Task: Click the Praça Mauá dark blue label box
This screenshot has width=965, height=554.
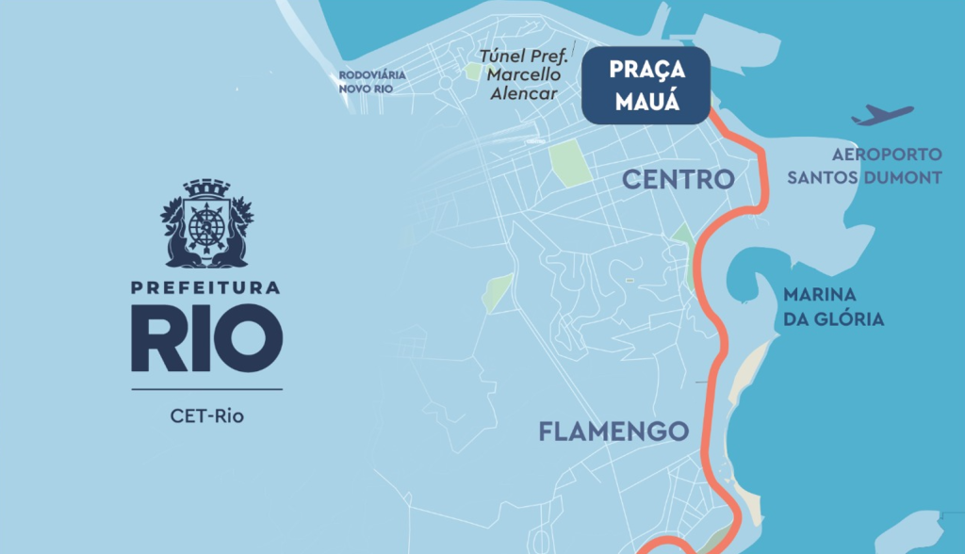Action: (x=646, y=86)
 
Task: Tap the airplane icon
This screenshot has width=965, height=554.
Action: (x=882, y=116)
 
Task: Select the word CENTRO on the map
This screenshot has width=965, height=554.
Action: (x=678, y=179)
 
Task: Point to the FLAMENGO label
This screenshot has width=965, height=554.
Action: (x=613, y=432)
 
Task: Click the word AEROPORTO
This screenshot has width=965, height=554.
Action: (x=887, y=154)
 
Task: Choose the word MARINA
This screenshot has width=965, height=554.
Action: (x=819, y=295)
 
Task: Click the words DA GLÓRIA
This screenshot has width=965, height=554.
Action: (x=834, y=319)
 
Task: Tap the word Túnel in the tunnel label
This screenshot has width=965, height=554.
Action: (x=499, y=57)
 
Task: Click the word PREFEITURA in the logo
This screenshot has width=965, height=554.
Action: (x=206, y=288)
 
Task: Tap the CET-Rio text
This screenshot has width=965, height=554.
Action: (x=206, y=415)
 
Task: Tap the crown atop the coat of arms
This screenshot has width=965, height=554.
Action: (x=206, y=188)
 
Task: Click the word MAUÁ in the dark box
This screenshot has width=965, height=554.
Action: (x=646, y=102)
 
